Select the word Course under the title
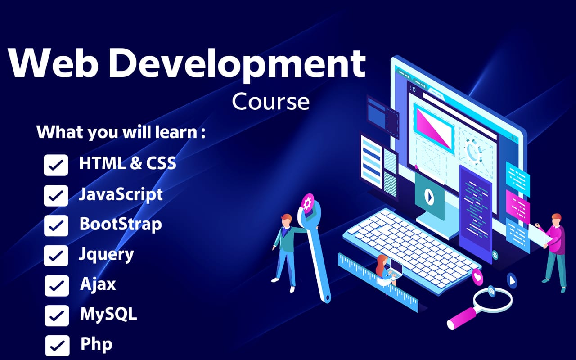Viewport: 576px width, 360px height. [270, 101]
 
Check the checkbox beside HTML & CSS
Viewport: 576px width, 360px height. [56, 165]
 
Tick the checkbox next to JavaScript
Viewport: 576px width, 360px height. [56, 196]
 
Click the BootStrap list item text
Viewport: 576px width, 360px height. [121, 224]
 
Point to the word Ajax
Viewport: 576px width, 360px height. [98, 284]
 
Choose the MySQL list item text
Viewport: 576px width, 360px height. [108, 314]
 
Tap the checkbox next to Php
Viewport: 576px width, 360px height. [57, 346]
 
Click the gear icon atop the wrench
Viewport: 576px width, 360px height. [308, 203]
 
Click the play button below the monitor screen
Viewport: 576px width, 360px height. [428, 196]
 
